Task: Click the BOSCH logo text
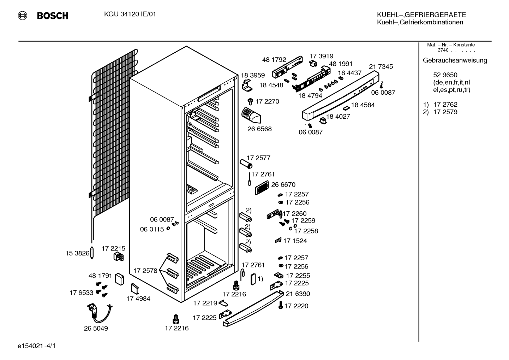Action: [53, 16]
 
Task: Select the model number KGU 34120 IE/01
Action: [130, 14]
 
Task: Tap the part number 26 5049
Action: [96, 329]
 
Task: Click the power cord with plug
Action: [99, 313]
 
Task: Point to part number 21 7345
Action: [381, 67]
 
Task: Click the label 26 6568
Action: [259, 129]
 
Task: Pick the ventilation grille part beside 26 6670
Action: [262, 188]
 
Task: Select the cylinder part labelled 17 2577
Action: [246, 164]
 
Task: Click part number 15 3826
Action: [77, 253]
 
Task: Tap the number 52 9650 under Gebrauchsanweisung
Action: [445, 75]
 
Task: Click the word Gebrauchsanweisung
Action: [455, 60]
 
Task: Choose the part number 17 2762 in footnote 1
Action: [445, 105]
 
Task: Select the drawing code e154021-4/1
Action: [37, 346]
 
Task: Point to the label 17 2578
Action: [145, 271]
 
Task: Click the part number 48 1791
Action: [100, 276]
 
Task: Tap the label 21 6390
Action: [298, 294]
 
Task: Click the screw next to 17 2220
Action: [281, 305]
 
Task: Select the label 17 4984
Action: [138, 299]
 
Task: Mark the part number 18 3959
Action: [253, 75]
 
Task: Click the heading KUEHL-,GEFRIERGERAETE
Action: [421, 15]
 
